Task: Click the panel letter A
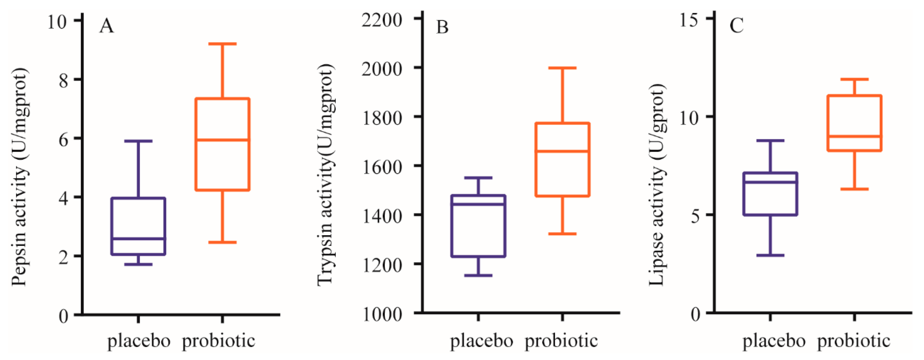[107, 26]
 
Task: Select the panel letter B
[442, 27]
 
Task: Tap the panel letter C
[737, 26]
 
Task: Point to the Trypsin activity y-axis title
[326, 175]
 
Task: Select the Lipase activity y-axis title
[657, 185]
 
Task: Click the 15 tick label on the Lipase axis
[689, 20]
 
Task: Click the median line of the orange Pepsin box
[222, 140]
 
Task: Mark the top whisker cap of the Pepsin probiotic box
[222, 44]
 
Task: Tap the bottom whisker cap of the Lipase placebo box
[770, 255]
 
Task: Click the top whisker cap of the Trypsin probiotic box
[562, 68]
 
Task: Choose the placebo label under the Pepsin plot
[139, 341]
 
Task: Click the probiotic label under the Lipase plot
[854, 341]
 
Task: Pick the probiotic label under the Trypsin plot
[561, 341]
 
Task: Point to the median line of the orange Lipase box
[854, 136]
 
